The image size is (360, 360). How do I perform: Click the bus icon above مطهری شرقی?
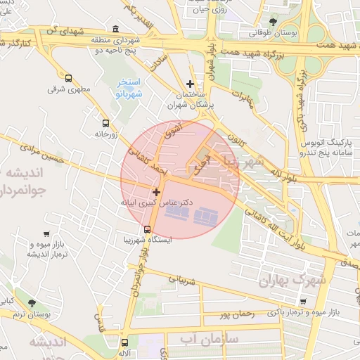68,78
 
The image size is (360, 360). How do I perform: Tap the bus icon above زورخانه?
105,122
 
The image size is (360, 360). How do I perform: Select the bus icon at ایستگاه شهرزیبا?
147,229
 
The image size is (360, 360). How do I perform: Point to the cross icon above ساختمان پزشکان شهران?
189,84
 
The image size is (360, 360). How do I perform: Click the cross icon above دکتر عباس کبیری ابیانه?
156,191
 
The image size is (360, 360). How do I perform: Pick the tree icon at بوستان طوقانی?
273,22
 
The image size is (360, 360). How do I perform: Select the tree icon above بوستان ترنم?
32,302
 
